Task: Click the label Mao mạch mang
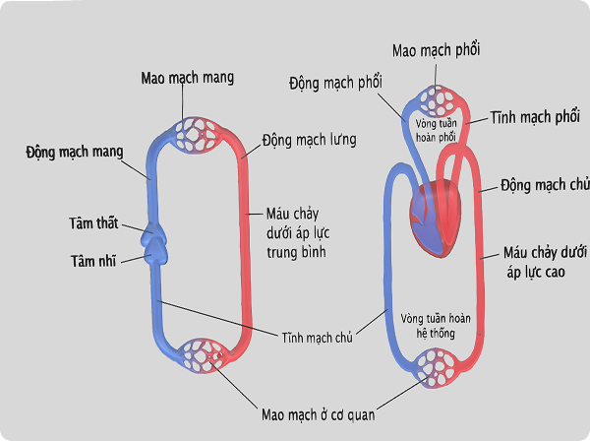pyautogui.click(x=188, y=78)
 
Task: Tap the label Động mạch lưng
pyautogui.click(x=309, y=141)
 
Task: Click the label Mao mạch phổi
pyautogui.click(x=436, y=49)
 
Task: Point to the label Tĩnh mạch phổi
pyautogui.click(x=534, y=116)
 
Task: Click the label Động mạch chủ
pyautogui.click(x=544, y=185)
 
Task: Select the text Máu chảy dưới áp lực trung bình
pyautogui.click(x=296, y=232)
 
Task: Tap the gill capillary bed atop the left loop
pyautogui.click(x=201, y=134)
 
